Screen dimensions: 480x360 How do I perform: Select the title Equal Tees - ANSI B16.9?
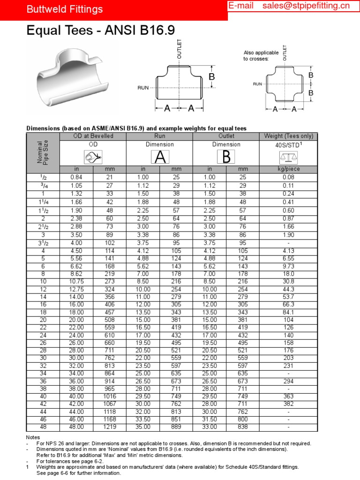tap(101, 31)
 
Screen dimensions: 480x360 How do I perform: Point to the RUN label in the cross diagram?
tap(257, 84)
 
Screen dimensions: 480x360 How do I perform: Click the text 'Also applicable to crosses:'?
tap(261, 56)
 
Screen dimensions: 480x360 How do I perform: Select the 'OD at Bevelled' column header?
tap(93, 136)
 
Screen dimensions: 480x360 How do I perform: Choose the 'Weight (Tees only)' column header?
tap(288, 136)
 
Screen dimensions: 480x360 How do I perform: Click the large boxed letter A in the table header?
tap(159, 157)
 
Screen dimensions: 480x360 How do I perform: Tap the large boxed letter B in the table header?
tap(226, 157)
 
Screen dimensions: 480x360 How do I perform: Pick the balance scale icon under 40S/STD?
tap(288, 157)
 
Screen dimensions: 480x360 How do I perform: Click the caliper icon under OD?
tap(93, 157)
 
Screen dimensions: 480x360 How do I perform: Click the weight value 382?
tap(288, 404)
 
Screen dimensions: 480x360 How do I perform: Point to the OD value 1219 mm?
tap(110, 427)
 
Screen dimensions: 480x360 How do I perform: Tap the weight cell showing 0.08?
tap(288, 177)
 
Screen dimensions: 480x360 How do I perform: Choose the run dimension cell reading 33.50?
tap(143, 419)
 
